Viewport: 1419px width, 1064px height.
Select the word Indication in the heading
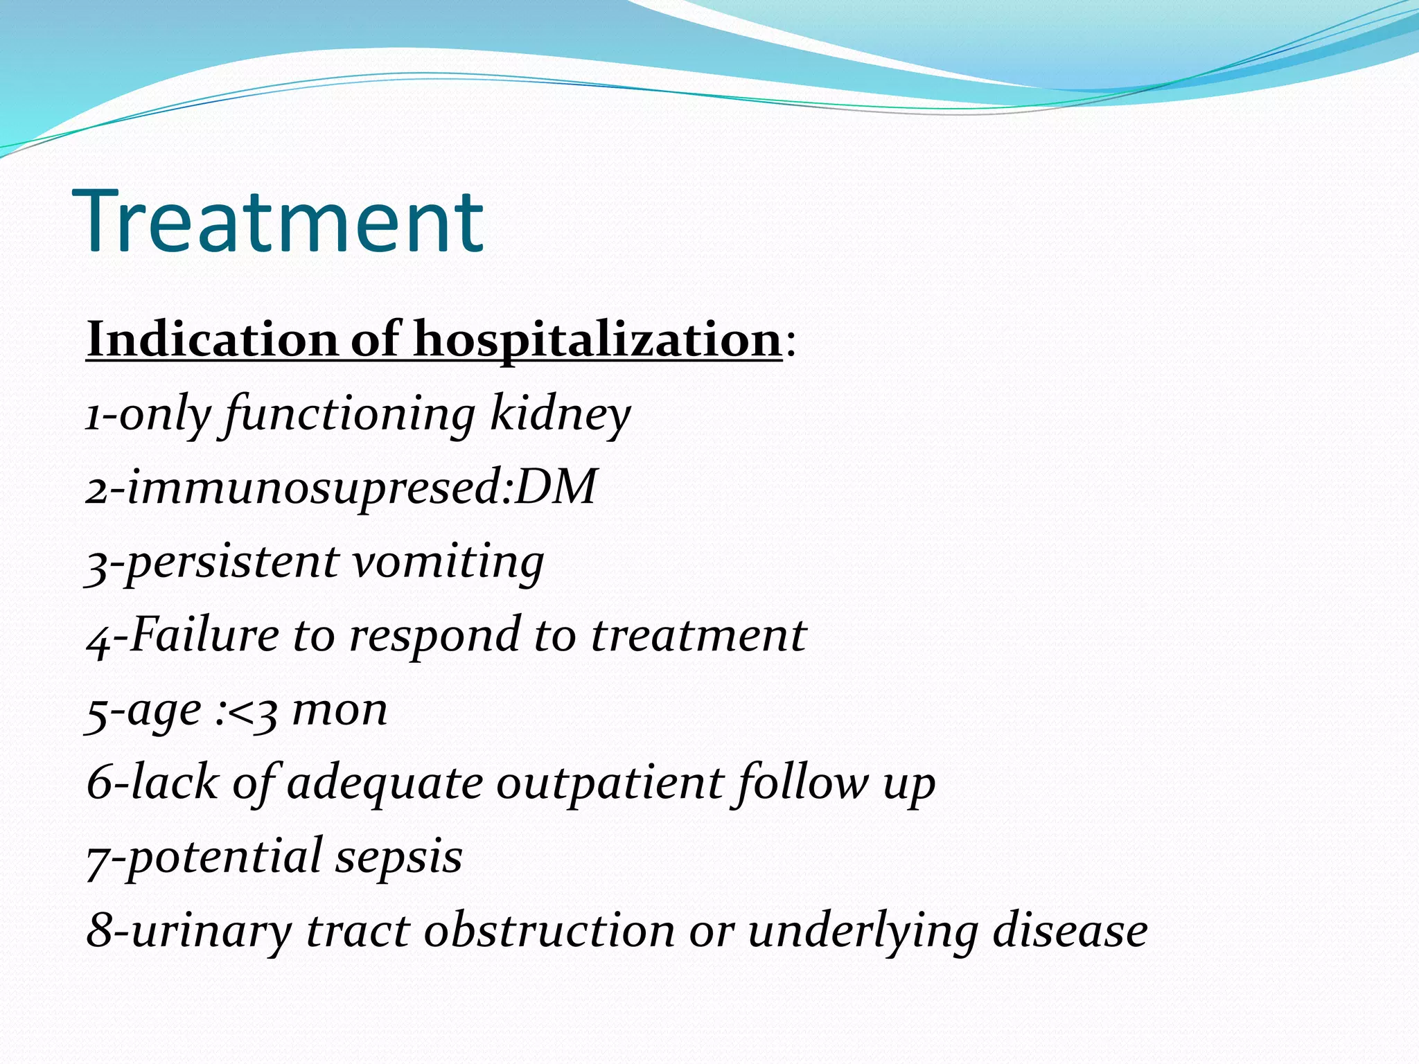(212, 339)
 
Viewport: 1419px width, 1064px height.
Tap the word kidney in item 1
(560, 414)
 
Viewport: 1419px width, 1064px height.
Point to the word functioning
(351, 414)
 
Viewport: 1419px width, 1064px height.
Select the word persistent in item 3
(232, 562)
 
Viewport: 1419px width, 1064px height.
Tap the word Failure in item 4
(204, 635)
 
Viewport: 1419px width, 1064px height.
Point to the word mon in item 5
(340, 710)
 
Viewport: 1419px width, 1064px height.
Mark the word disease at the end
(1070, 931)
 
